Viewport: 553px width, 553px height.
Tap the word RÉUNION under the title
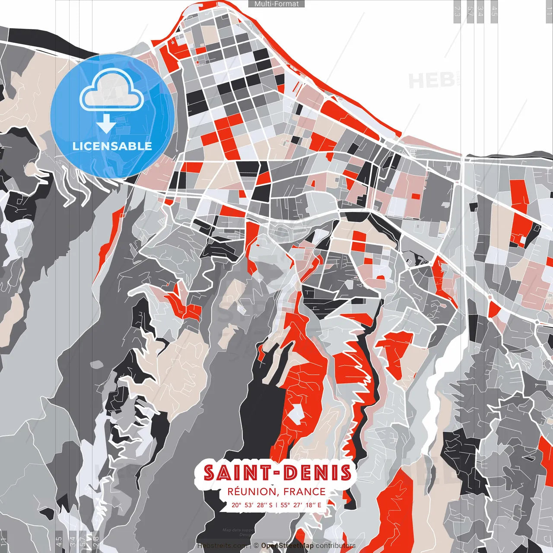(x=251, y=492)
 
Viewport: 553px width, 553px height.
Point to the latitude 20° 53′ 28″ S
(x=252, y=505)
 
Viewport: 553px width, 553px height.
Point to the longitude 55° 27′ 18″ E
(x=301, y=505)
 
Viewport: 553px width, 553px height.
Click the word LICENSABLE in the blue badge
(x=112, y=146)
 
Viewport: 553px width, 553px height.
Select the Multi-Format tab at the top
(x=276, y=4)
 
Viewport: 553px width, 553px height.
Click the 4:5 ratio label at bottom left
(x=59, y=541)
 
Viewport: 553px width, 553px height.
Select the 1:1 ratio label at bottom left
(x=3, y=541)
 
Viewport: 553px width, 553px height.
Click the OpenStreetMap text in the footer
(x=287, y=546)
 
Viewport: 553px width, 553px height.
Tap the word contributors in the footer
(x=335, y=546)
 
